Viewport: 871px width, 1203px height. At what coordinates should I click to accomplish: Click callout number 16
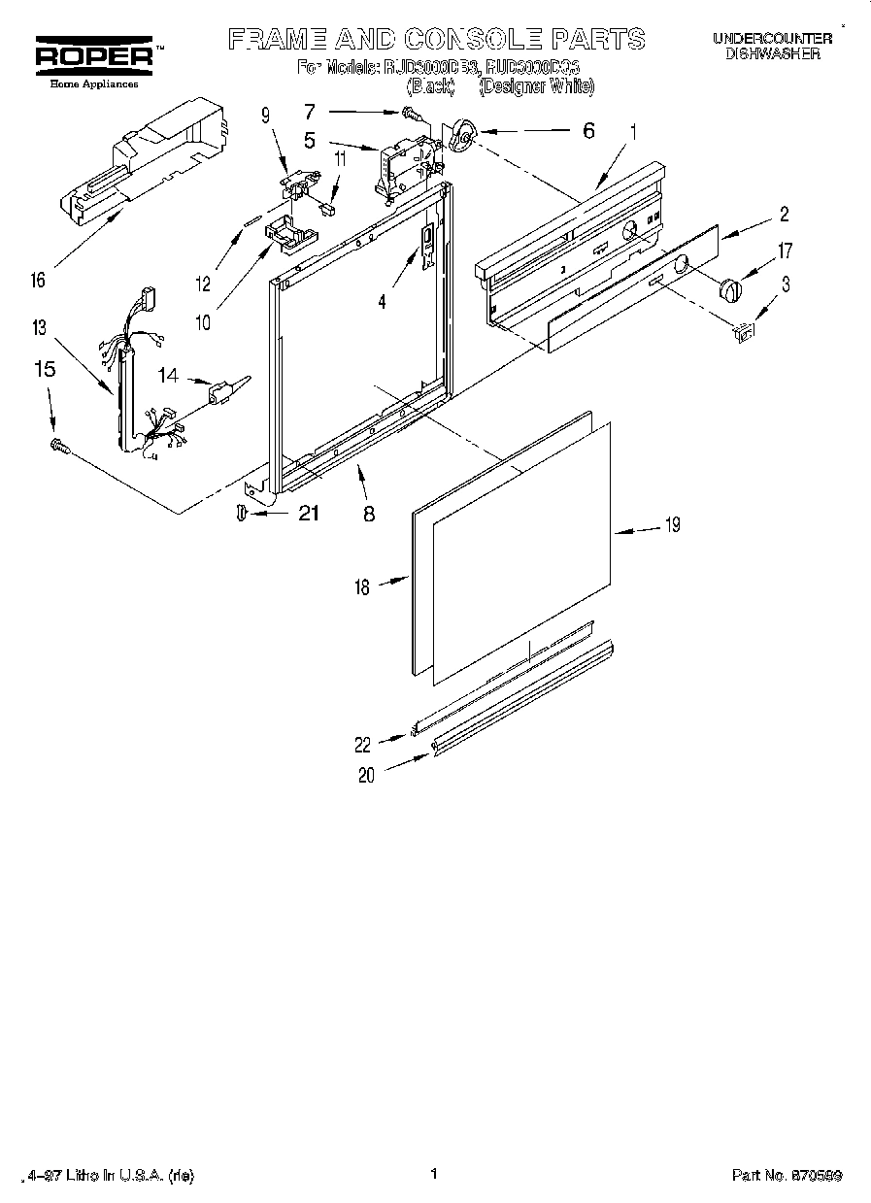pos(38,281)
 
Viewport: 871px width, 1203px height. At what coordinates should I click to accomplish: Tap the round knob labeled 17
pos(728,288)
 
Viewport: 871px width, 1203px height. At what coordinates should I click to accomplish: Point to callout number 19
pos(671,525)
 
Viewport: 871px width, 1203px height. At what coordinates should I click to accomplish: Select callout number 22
pos(362,745)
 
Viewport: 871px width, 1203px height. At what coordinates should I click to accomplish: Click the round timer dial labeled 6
pos(462,138)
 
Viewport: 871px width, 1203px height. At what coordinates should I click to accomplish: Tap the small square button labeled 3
pos(743,333)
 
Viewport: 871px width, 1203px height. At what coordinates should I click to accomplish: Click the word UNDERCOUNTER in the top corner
pos(772,38)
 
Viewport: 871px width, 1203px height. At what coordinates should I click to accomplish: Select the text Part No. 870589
pos(787,1175)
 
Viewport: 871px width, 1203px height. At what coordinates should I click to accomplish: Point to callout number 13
pos(38,328)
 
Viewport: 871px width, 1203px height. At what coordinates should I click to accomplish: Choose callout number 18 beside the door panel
pos(361,587)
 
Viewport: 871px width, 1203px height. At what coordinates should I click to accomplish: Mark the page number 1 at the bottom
pos(434,1174)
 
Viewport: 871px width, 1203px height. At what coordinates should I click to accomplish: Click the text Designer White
pos(537,86)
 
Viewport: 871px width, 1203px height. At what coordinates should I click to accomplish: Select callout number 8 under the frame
pos(369,516)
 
